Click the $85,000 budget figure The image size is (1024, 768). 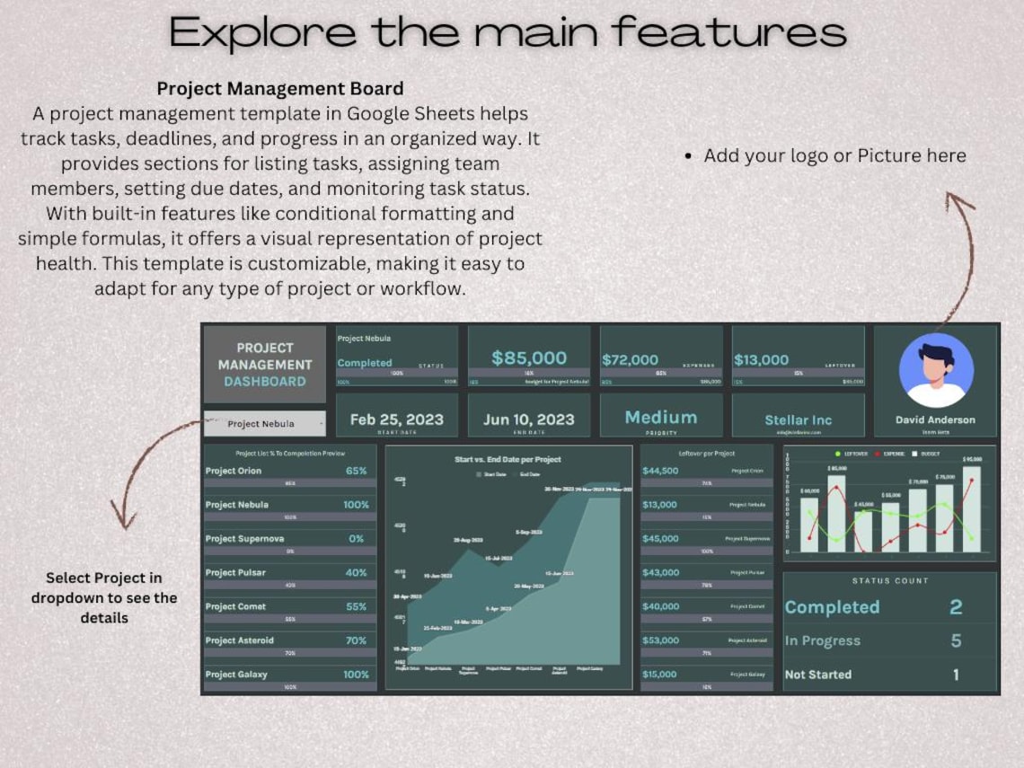[x=529, y=358]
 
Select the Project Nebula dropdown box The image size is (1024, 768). [x=264, y=424]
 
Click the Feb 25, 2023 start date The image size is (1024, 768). [x=397, y=419]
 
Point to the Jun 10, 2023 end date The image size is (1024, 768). [x=529, y=419]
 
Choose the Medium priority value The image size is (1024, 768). [x=661, y=418]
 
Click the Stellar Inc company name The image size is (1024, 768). [x=799, y=420]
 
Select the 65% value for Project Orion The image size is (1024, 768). [x=356, y=471]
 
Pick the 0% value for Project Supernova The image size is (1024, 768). [x=356, y=539]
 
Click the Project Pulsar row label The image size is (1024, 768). [x=236, y=572]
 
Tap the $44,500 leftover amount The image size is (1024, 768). [x=660, y=471]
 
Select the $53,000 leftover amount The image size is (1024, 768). [x=660, y=640]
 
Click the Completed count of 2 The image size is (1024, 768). [x=956, y=607]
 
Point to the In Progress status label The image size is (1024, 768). [x=823, y=640]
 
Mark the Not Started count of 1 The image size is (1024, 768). [x=956, y=675]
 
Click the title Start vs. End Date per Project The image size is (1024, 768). [x=508, y=459]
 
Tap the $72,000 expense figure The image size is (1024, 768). [x=631, y=359]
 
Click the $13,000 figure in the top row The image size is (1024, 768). [x=762, y=359]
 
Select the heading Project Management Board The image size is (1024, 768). [x=280, y=89]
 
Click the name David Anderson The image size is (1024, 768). [x=935, y=419]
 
